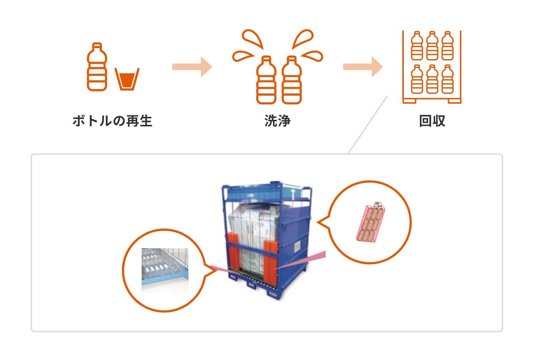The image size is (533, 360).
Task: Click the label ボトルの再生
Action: [x=112, y=121]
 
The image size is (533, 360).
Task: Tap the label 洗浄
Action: [x=277, y=121]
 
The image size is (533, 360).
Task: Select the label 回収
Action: [x=432, y=121]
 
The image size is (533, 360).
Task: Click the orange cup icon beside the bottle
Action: [x=127, y=79]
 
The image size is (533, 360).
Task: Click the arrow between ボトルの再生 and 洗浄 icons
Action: [x=192, y=67]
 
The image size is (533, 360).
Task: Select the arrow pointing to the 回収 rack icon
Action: [x=363, y=67]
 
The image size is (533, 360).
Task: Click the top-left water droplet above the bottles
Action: [x=253, y=39]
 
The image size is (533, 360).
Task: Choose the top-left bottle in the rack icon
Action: [x=417, y=46]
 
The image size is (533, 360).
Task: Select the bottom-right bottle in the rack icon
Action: [x=447, y=79]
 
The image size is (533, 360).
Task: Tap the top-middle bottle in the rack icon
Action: [x=432, y=46]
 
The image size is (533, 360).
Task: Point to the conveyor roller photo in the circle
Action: [x=165, y=270]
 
